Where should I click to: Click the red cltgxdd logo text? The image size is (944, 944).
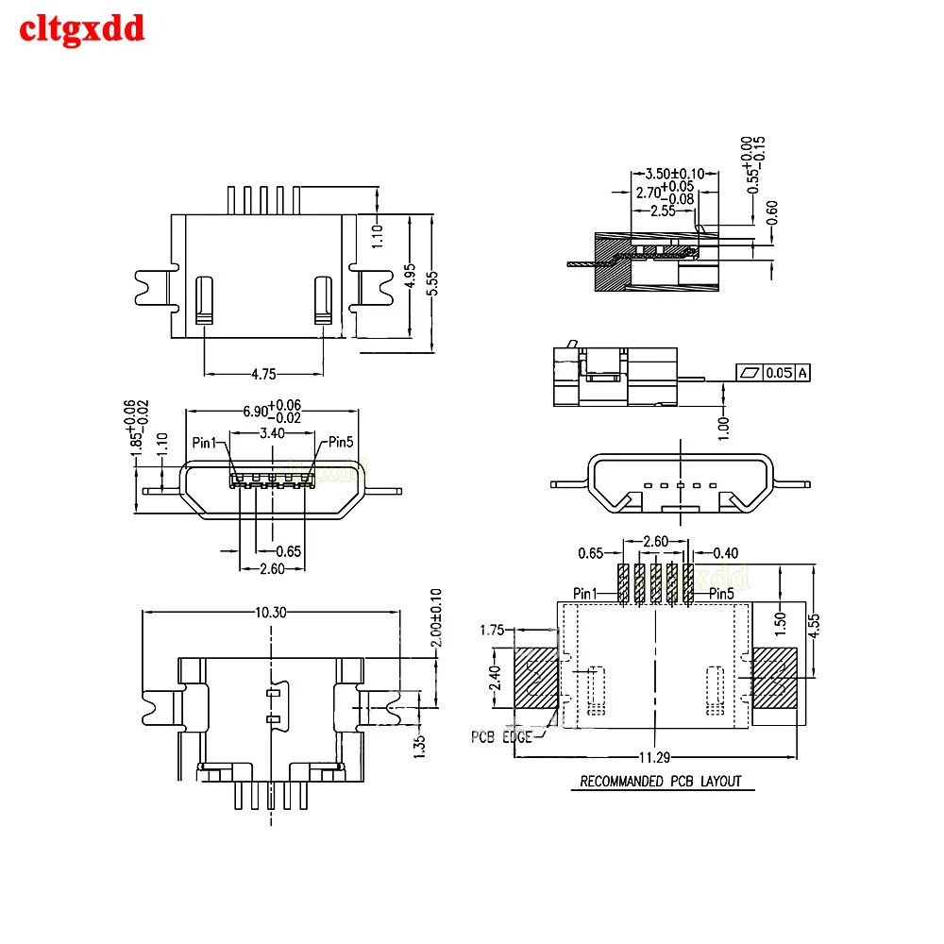point(82,28)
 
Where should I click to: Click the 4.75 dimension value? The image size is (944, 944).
point(263,374)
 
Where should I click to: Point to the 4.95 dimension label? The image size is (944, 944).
point(411,275)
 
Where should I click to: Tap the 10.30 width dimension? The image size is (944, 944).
point(271,612)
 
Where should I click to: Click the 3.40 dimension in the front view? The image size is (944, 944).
point(272,432)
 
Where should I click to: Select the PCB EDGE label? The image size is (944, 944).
point(501,736)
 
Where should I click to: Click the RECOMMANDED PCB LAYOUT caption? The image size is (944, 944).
point(661,781)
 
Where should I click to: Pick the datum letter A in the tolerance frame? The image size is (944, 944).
point(802,373)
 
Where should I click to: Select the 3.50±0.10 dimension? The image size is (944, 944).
point(674,174)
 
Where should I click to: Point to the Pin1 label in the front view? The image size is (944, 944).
point(205,442)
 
